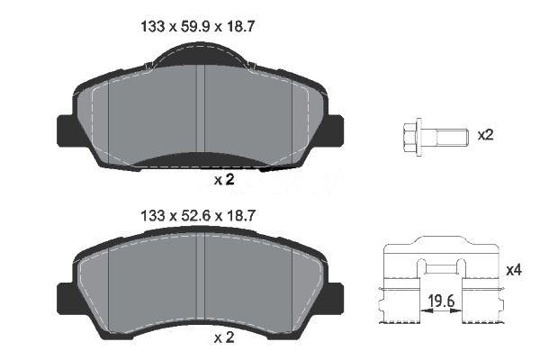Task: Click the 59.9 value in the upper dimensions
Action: pyautogui.click(x=195, y=26)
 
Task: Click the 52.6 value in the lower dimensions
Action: pyautogui.click(x=195, y=216)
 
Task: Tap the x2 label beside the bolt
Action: pyautogui.click(x=485, y=135)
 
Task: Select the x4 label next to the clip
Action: pyautogui.click(x=514, y=270)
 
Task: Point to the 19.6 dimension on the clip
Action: pyautogui.click(x=442, y=301)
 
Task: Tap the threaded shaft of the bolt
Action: pyautogui.click(x=445, y=137)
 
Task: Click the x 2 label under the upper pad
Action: pyautogui.click(x=224, y=179)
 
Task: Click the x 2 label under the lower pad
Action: pyautogui.click(x=224, y=337)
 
